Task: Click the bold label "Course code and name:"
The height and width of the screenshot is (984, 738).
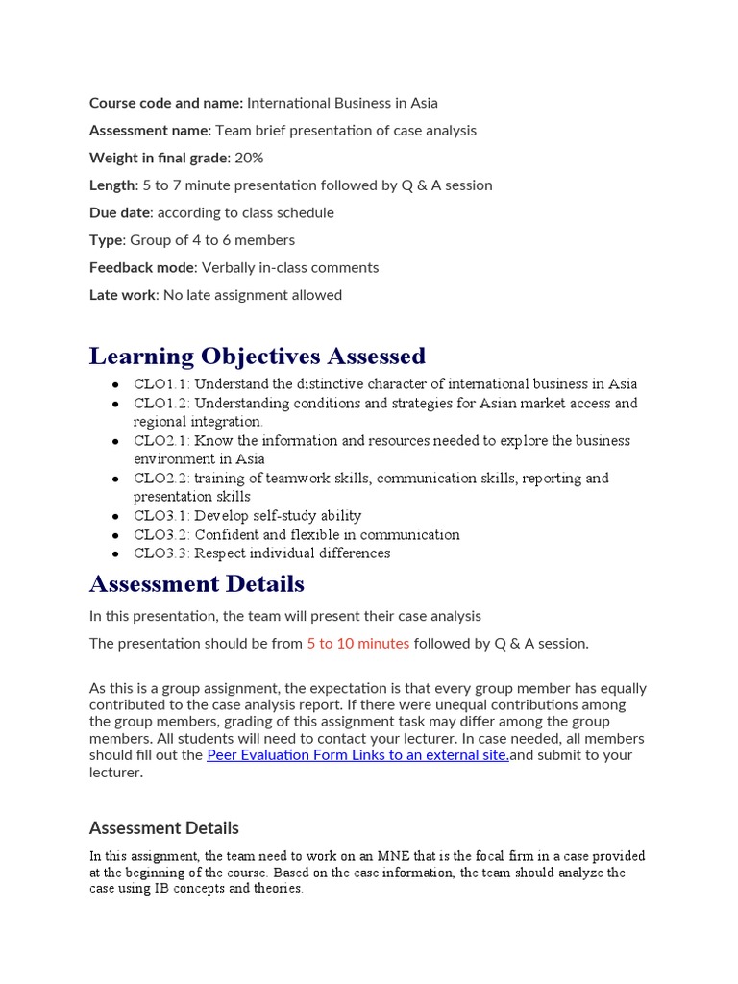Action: (165, 103)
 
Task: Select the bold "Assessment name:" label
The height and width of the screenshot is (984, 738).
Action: (150, 130)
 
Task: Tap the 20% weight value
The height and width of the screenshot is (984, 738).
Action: (249, 158)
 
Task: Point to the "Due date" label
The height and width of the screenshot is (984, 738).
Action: (120, 212)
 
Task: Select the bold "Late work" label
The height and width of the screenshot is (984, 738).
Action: (122, 295)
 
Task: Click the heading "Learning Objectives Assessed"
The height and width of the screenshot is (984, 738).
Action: (257, 356)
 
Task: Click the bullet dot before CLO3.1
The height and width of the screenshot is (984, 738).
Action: (114, 517)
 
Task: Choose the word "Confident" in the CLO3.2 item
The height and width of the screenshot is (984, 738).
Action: (227, 534)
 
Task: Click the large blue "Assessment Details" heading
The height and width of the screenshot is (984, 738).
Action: (196, 583)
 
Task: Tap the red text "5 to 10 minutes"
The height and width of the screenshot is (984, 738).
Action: (357, 644)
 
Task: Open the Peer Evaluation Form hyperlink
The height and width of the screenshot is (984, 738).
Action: (357, 755)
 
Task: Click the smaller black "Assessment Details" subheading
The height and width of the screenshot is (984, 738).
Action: (163, 827)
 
